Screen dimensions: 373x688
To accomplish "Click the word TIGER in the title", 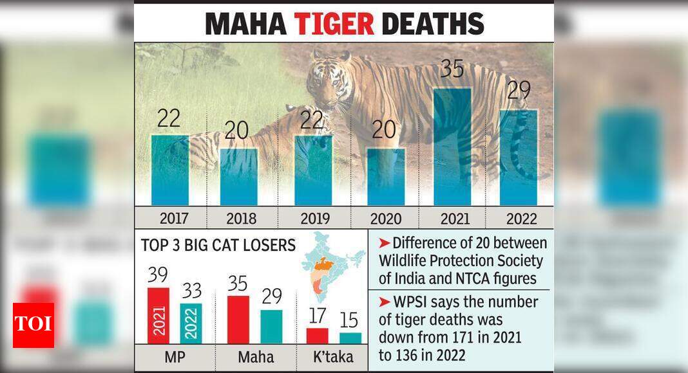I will pyautogui.click(x=334, y=23).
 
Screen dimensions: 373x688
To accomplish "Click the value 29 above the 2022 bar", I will pyautogui.click(x=519, y=91).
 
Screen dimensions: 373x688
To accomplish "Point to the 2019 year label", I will pyautogui.click(x=313, y=219).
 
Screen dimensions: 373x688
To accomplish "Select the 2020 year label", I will pyautogui.click(x=385, y=219).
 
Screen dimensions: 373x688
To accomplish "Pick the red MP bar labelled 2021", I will pyautogui.click(x=158, y=316).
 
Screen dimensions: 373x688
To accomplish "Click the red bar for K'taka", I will pyautogui.click(x=317, y=336).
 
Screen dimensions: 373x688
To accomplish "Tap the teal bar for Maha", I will pyautogui.click(x=271, y=327).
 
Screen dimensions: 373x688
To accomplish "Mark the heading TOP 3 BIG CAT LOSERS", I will pyautogui.click(x=218, y=245).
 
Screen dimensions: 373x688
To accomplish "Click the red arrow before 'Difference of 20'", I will pyautogui.click(x=385, y=244).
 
